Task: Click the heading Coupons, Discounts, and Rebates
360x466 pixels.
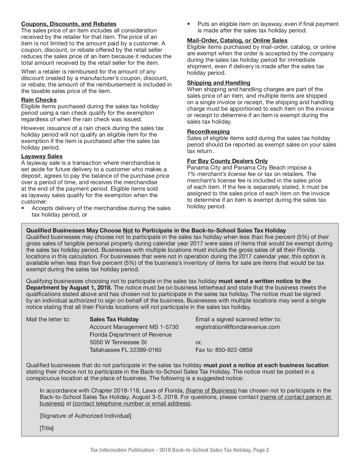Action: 69,24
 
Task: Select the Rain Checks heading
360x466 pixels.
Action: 39,100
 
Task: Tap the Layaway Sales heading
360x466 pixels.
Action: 42,157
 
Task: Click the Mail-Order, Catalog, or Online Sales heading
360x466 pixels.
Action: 237,41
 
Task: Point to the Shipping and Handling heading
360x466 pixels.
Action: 219,83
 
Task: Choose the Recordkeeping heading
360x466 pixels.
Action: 208,132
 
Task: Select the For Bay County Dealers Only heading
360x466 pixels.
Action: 227,161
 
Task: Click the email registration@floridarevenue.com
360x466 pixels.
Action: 238,327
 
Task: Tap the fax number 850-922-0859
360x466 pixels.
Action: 234,350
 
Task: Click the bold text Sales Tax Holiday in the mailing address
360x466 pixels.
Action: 114,319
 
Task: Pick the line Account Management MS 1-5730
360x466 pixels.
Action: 134,327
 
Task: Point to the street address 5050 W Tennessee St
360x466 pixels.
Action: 118,342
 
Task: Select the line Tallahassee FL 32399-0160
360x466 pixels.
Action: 125,350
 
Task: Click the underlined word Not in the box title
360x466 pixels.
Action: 128,231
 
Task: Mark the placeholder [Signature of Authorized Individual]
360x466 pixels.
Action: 85,416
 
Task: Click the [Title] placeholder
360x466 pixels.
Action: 46,428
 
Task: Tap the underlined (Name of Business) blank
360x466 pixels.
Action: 211,391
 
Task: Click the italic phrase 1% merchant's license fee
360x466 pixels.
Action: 221,174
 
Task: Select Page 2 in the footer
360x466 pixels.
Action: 261,450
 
